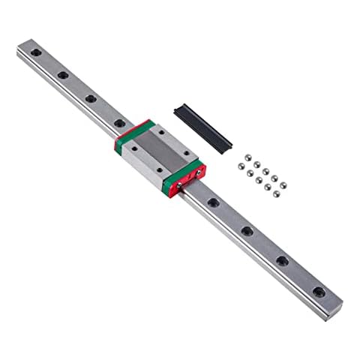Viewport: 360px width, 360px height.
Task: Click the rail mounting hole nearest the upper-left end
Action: (x=34, y=58)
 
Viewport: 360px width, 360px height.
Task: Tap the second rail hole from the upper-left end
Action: (x=62, y=76)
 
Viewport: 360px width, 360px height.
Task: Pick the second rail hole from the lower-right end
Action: (x=281, y=260)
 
